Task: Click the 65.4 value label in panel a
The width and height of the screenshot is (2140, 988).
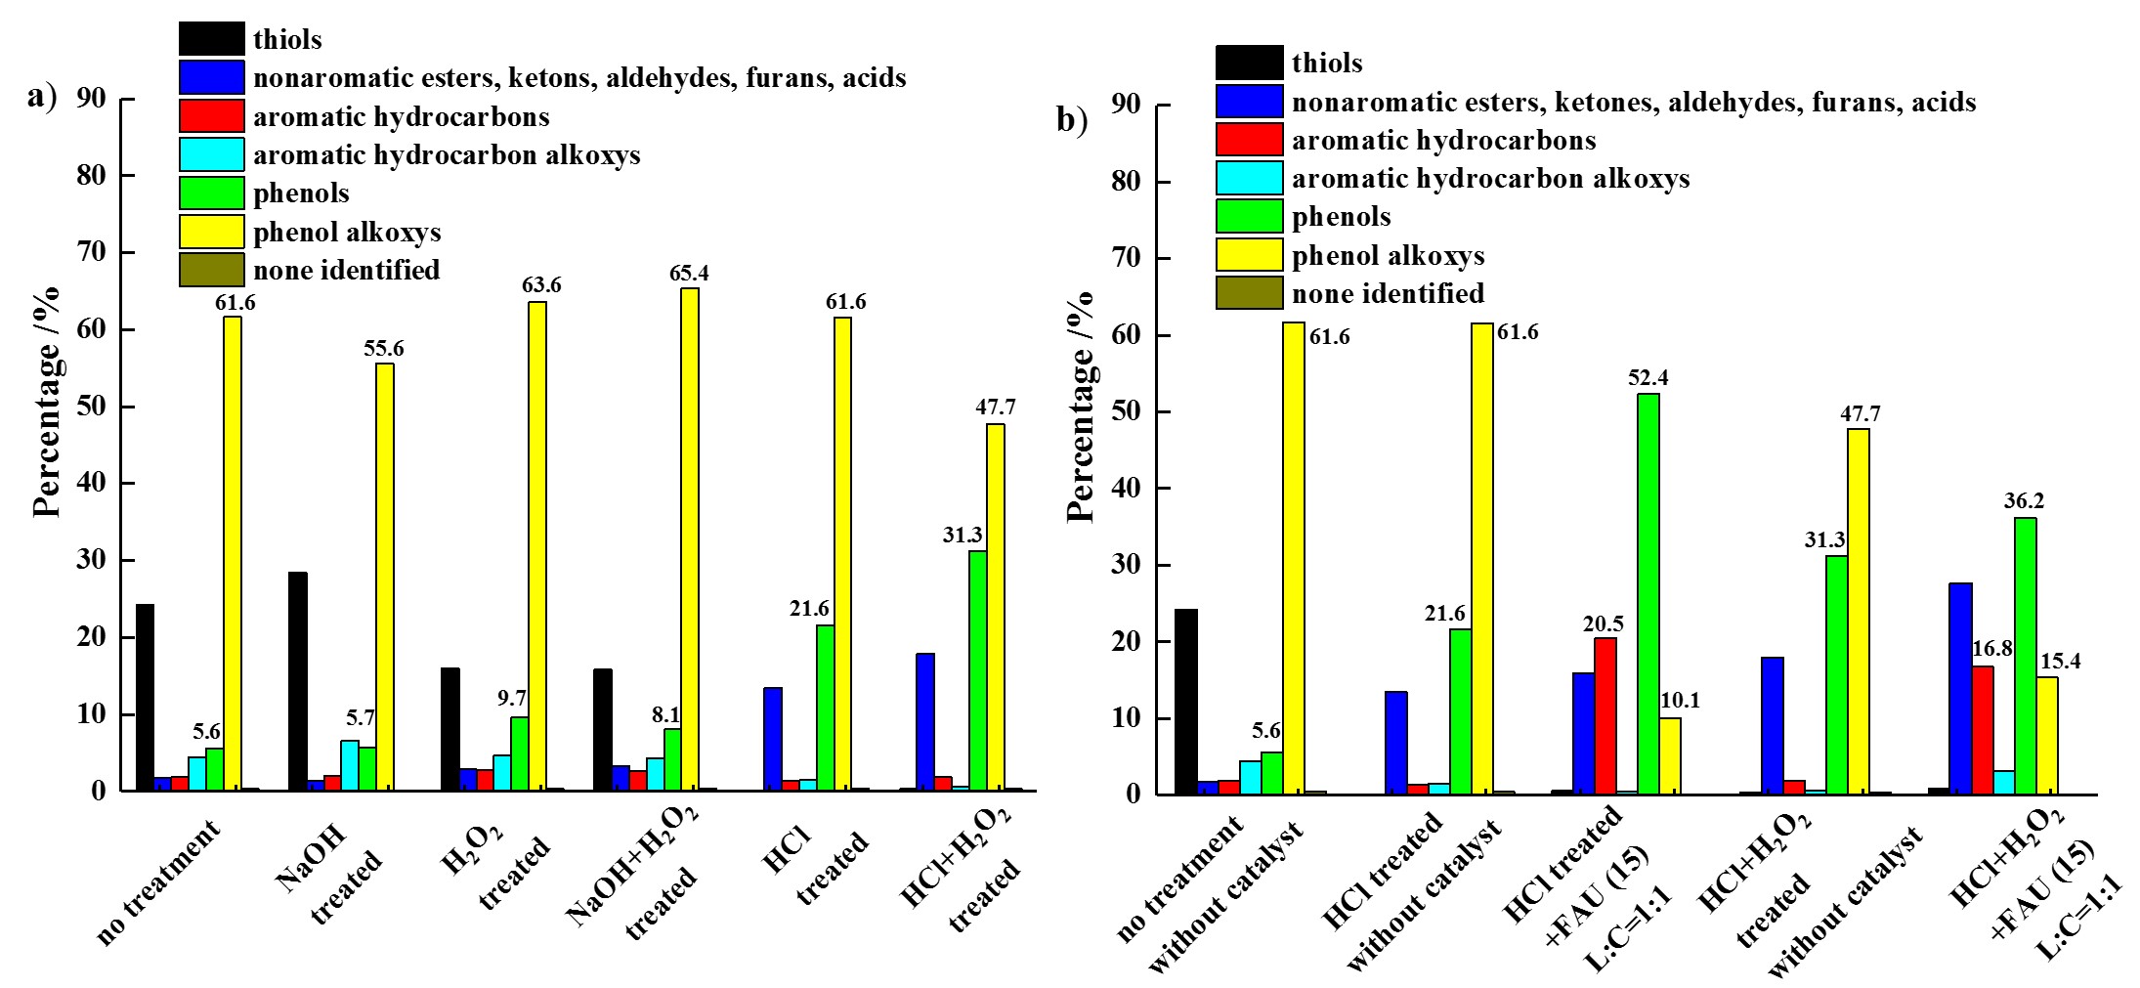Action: [x=689, y=274]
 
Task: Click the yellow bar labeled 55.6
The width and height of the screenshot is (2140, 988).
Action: [x=385, y=577]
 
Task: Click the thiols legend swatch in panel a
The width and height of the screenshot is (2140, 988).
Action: [x=211, y=39]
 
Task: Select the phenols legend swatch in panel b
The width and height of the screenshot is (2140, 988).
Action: [x=1249, y=216]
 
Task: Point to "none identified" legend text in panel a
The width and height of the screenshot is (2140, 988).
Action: [x=346, y=270]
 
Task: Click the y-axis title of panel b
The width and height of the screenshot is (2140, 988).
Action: [x=1080, y=406]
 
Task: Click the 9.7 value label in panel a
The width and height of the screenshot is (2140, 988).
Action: [x=512, y=698]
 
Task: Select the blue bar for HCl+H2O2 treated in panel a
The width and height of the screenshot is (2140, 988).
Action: [x=925, y=721]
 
